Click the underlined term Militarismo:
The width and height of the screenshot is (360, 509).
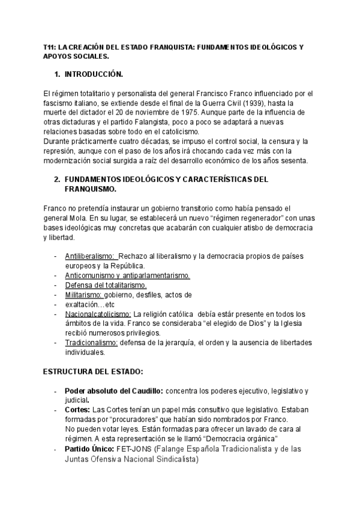[x=84, y=295]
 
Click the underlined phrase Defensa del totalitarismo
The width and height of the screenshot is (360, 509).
[x=106, y=285]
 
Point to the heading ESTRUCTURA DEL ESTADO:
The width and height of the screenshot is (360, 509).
[x=92, y=372]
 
